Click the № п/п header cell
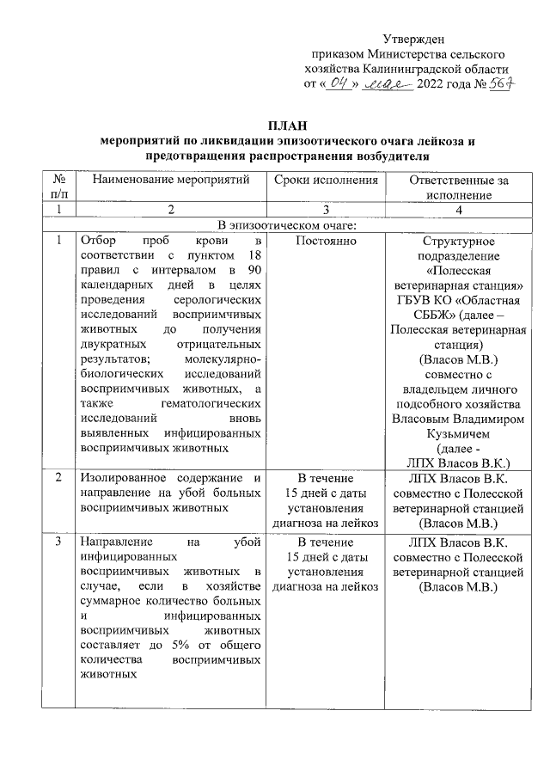(59, 187)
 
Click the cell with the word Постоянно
(326, 242)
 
